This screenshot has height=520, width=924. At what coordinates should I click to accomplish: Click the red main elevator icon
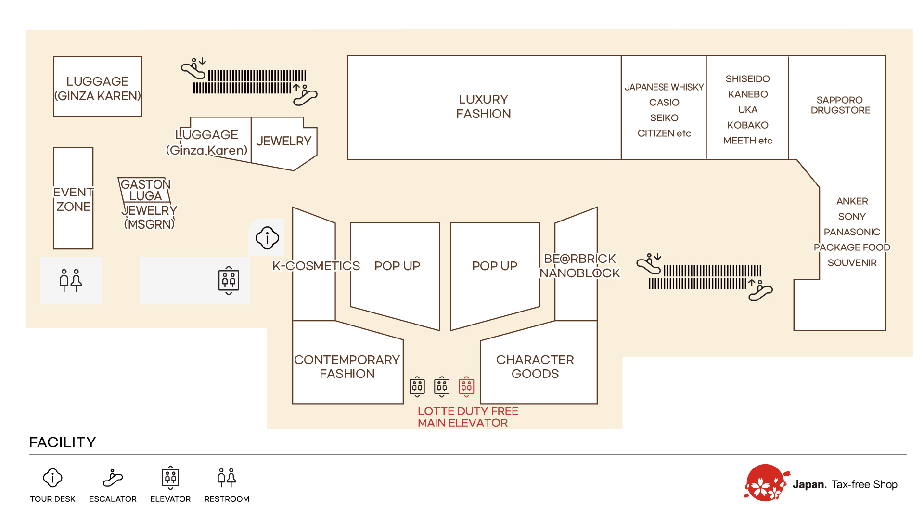(466, 386)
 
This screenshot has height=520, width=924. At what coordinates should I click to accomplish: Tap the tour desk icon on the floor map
(267, 238)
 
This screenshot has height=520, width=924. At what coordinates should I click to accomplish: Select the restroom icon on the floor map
(71, 280)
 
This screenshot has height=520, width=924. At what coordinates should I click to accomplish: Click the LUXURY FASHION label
(483, 106)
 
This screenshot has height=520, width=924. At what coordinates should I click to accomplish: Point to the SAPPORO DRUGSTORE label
(840, 105)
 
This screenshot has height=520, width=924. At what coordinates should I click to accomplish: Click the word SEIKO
(664, 118)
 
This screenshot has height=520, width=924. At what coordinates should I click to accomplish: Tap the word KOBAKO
(747, 125)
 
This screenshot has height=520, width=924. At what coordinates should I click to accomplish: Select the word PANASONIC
(852, 232)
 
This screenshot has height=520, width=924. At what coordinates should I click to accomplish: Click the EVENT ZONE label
(73, 199)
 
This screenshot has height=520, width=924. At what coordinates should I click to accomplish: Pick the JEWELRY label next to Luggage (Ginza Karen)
(283, 141)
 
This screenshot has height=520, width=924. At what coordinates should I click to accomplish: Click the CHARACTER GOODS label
(535, 366)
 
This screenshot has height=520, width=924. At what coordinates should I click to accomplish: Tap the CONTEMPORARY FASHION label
(347, 366)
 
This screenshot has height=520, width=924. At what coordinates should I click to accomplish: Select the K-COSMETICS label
(316, 266)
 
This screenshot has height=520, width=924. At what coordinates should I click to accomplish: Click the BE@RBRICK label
(579, 259)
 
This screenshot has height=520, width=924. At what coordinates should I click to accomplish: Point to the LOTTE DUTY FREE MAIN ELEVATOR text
(467, 417)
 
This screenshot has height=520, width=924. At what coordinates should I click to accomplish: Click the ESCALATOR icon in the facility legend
(113, 478)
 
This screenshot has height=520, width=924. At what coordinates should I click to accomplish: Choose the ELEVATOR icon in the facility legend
(170, 478)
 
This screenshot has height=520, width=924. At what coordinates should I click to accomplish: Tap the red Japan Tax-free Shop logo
(765, 483)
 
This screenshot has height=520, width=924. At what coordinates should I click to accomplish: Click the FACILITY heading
(63, 442)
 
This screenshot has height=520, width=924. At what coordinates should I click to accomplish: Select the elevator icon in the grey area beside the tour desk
(229, 280)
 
